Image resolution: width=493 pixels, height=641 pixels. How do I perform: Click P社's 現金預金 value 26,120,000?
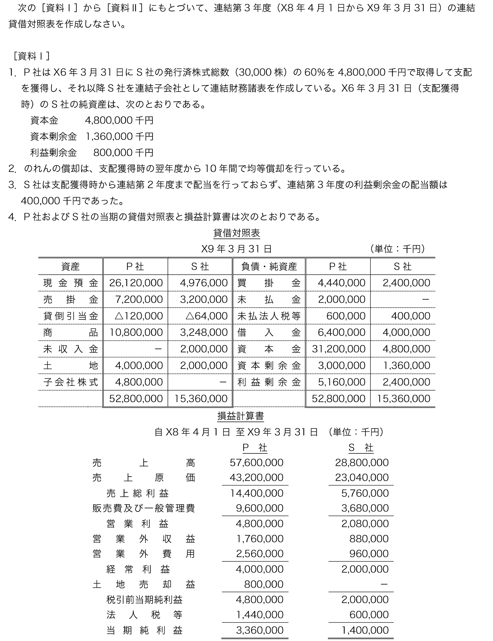pos(136,283)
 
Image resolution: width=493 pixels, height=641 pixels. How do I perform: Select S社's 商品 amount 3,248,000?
pos(204,333)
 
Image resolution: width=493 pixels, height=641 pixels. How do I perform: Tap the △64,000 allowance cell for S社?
pos(207,316)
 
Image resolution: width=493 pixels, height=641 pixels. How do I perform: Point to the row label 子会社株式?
pos(70,382)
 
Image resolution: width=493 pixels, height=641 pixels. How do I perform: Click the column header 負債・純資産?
pos(269,267)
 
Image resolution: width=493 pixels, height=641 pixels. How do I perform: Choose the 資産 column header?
pos(70,267)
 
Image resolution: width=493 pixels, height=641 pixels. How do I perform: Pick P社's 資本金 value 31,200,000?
pos(338,349)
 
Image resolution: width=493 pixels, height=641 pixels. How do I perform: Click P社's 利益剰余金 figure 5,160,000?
pos(342,382)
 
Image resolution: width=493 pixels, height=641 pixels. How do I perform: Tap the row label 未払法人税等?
pos(269,316)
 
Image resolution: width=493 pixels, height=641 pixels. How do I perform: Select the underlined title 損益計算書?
pos(241,416)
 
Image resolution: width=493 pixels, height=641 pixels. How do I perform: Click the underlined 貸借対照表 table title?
pos(237,233)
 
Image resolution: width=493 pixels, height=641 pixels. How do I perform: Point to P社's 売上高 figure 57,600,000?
pos(256,463)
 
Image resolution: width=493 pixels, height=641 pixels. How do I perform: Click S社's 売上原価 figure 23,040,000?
pos(362,477)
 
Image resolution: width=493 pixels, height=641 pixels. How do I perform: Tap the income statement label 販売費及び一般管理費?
pos(144,508)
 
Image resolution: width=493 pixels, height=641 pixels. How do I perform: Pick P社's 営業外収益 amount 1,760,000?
pos(260,539)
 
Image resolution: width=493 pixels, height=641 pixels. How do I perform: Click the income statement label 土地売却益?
pos(144,584)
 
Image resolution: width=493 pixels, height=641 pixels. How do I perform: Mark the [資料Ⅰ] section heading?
pos(31,56)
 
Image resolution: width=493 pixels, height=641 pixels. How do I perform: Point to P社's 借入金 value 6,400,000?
pos(342,333)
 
